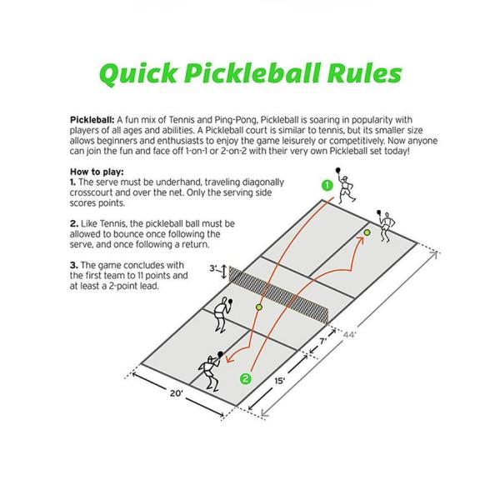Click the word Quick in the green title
(x=141, y=73)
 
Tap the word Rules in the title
(x=360, y=73)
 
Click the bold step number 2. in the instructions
(x=73, y=224)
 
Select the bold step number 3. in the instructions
(x=73, y=263)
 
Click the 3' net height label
(x=212, y=269)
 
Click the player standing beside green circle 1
(x=350, y=191)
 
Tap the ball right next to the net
(x=259, y=307)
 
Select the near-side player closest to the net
(x=221, y=314)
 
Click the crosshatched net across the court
(x=283, y=292)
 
